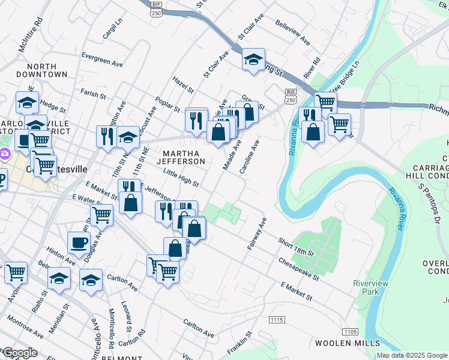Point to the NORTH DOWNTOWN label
point(42,70)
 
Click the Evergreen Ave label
point(102,61)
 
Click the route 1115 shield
point(277,320)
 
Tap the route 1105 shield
point(350,331)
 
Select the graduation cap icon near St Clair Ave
point(254,59)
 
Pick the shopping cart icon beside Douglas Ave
point(102,214)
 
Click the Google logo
point(19,353)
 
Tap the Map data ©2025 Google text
point(412,355)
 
